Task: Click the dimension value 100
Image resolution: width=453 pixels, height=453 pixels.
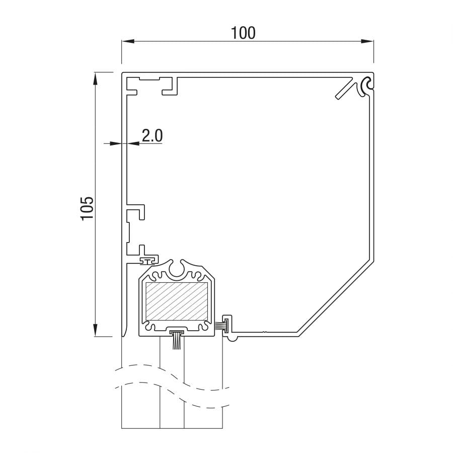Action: pos(243,33)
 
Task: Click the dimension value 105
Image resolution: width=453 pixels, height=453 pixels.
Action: pos(87,208)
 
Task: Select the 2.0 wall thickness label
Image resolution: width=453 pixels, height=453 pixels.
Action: pos(152,135)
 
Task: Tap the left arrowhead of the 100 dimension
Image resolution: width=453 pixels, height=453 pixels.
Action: pos(128,41)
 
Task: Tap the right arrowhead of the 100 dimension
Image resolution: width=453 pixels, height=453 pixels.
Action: pos(367,41)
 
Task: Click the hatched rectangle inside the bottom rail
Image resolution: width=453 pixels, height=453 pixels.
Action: pos(177,301)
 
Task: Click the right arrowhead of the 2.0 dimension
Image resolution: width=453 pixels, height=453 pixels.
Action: pos(133,143)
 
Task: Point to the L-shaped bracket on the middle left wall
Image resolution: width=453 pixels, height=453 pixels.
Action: pos(136,212)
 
